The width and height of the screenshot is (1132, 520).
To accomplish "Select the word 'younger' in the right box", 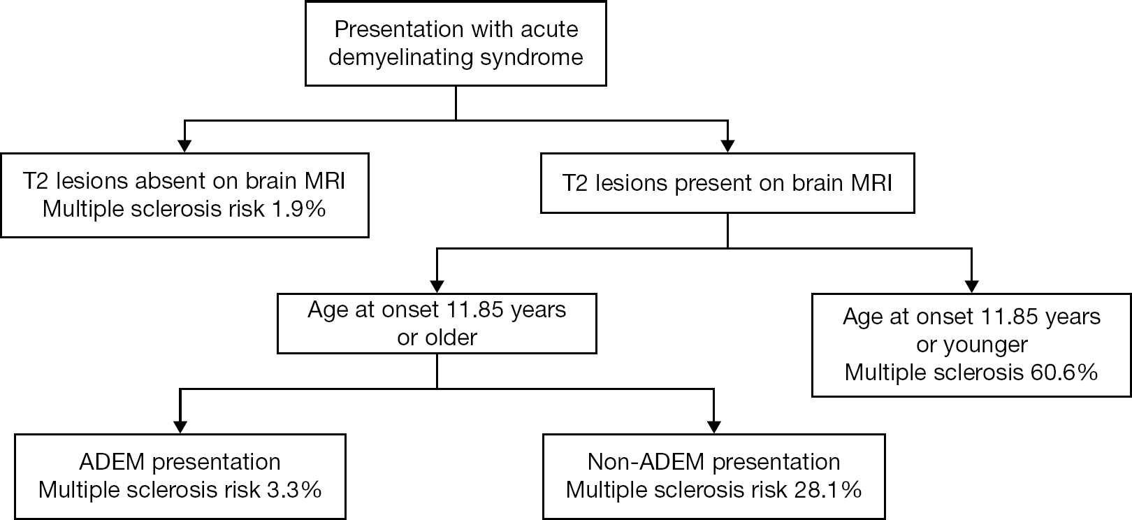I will tap(985, 345).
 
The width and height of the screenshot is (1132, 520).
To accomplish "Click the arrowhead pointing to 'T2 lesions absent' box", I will tap(184, 146).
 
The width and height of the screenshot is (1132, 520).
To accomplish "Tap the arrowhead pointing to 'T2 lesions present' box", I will tap(727, 146).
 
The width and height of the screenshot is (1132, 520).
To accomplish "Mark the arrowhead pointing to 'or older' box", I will tap(437, 286).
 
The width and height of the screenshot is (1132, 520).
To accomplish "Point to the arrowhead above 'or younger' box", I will tap(971, 286).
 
